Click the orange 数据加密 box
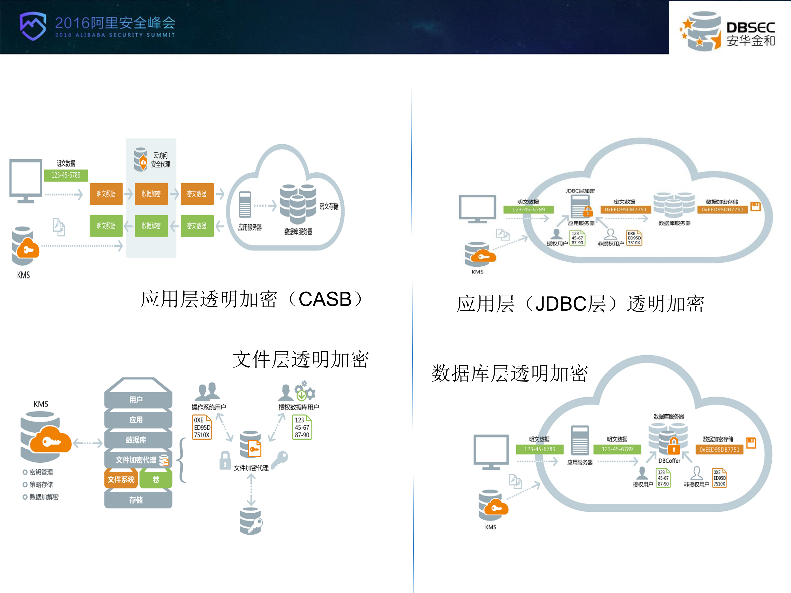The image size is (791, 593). tap(151, 194)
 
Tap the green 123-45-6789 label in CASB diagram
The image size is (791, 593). tap(66, 175)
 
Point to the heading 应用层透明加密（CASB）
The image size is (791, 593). tap(252, 299)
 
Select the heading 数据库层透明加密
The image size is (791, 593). tap(510, 373)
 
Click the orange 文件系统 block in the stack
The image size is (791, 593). tap(121, 479)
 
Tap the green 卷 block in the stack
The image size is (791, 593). tap(156, 479)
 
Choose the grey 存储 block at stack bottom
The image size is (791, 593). tap(136, 500)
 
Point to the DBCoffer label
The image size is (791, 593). tap(669, 461)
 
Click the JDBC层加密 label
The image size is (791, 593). tap(580, 191)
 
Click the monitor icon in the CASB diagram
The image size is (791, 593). tap(26, 180)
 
